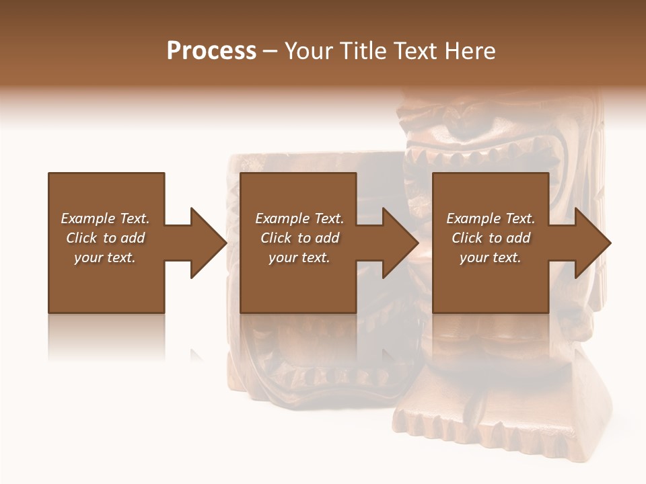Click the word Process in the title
point(211,51)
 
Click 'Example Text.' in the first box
point(105,218)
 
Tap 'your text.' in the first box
point(105,257)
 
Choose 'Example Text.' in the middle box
point(299,218)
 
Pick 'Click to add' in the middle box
point(299,238)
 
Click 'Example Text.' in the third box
point(491,218)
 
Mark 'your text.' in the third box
point(491,257)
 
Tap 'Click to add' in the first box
point(105,238)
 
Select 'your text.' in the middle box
point(299,257)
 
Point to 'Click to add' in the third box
point(491,238)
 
